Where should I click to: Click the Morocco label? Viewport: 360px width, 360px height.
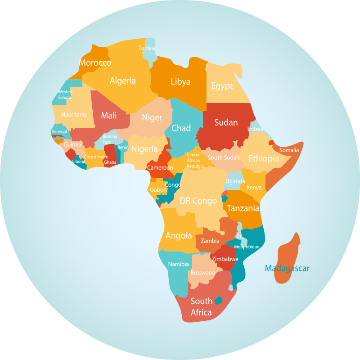[x=95, y=63]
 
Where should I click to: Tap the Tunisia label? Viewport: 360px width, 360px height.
[x=147, y=48]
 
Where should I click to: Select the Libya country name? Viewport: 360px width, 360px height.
[x=180, y=81]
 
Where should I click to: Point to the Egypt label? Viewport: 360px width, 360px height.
[x=222, y=85]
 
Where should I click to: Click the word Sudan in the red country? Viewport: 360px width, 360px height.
[x=226, y=122]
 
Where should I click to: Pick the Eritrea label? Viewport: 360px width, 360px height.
[x=255, y=129]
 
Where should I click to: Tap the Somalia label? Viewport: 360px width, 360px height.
[x=289, y=150]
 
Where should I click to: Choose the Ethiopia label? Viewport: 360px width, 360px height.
[x=264, y=158]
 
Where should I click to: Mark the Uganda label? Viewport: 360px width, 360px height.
[x=235, y=181]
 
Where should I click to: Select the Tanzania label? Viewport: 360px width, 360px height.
[x=243, y=208]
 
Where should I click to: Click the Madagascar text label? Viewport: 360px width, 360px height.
[x=287, y=269]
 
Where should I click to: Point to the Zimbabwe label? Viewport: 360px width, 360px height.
[x=225, y=259]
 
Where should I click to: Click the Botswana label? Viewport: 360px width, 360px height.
[x=202, y=273]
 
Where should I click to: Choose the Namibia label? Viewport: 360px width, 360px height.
[x=178, y=264]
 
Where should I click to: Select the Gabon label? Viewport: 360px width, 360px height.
[x=158, y=190]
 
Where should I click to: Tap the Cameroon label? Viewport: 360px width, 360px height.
[x=160, y=168]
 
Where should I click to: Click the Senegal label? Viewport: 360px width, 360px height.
[x=59, y=132]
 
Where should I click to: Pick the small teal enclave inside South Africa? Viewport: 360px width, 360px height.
[x=219, y=300]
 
